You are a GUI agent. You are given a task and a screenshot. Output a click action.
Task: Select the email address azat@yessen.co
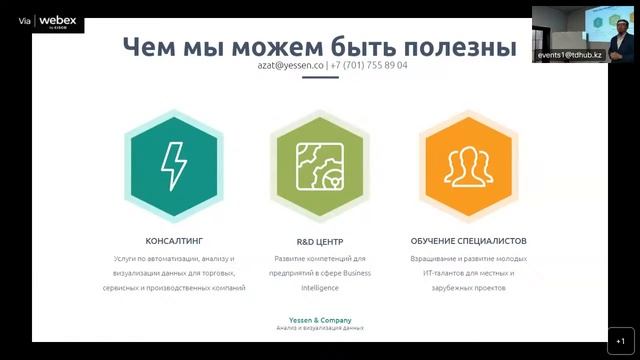click(291, 66)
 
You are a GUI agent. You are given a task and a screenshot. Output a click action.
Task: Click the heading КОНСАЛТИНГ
click(174, 241)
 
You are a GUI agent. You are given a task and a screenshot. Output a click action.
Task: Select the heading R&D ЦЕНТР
click(319, 241)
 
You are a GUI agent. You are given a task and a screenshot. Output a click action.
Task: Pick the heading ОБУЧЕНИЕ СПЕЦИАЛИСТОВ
click(468, 241)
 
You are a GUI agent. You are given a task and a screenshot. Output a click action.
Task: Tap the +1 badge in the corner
click(620, 340)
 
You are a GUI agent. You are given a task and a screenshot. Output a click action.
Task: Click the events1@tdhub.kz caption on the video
click(570, 56)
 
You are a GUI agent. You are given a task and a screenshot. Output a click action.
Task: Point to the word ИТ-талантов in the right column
click(442, 273)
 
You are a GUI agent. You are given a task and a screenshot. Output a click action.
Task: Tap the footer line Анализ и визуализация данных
click(320, 328)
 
